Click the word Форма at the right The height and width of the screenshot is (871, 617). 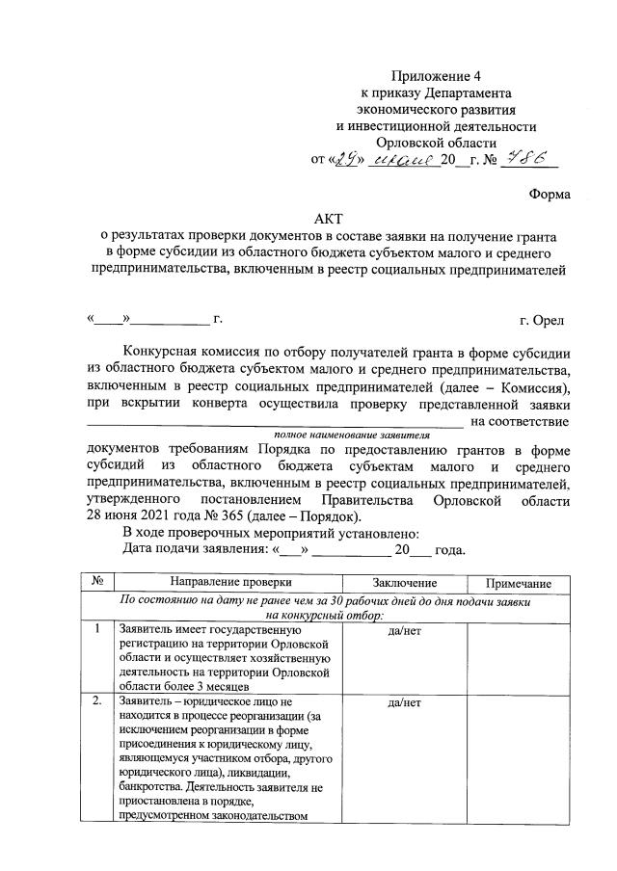(x=550, y=194)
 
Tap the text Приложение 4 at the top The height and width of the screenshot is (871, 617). (x=435, y=76)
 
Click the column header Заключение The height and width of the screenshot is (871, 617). (x=404, y=584)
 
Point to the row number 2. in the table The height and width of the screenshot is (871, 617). (x=98, y=702)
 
